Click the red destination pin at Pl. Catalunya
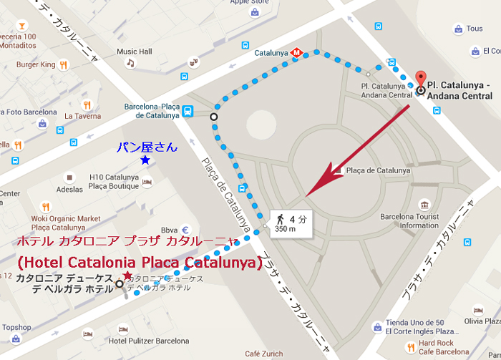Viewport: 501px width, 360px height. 420,79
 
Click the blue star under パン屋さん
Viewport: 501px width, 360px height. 145,160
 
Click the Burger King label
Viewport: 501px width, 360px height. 36,64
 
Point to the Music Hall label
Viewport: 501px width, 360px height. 135,52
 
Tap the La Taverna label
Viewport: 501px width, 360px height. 82,115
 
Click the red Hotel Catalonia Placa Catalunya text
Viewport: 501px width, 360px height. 136,263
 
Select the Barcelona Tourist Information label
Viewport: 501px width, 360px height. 409,220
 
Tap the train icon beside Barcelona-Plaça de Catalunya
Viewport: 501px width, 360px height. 188,111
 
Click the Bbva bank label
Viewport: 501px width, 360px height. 170,230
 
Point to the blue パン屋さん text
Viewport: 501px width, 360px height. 146,147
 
